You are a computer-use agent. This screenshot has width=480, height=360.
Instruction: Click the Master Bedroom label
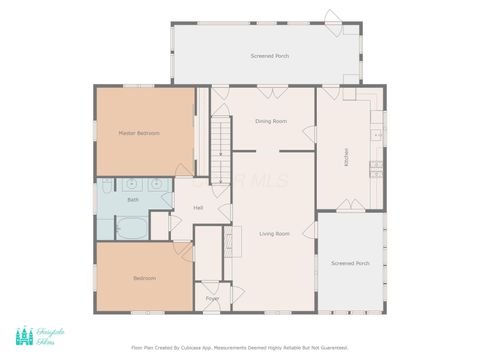pos(139,133)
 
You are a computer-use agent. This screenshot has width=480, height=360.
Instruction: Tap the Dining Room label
pos(271,121)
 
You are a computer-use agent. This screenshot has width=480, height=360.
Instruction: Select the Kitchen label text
pos(346,157)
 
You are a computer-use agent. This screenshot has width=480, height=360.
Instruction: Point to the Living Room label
pos(275,233)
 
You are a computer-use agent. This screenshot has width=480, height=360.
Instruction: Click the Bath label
pos(132,200)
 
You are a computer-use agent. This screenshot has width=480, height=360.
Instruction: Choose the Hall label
pos(199,208)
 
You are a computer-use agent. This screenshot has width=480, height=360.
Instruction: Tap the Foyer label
pos(212,298)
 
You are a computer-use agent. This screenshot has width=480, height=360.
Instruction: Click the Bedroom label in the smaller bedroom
pos(144,278)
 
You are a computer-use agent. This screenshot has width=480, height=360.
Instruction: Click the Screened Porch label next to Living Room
pos(350,263)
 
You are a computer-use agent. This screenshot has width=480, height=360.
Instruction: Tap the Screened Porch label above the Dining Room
pos(270,56)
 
